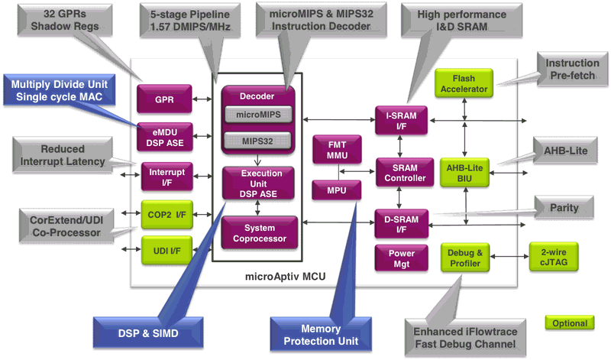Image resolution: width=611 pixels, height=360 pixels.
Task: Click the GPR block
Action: coord(163,99)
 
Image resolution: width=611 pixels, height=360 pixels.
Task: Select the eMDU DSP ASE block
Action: coord(163,135)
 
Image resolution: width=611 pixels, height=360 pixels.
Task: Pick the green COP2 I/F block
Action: coord(163,215)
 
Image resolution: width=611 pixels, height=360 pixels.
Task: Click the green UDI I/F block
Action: coord(163,249)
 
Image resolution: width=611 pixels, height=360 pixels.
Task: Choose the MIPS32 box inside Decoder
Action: coord(258,140)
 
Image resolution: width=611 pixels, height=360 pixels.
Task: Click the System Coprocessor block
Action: coord(258,233)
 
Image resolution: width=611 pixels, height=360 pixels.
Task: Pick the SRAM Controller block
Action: coord(400,173)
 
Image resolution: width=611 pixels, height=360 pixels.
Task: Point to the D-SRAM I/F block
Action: coord(400,222)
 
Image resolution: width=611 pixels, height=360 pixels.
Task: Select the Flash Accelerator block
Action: coord(464,84)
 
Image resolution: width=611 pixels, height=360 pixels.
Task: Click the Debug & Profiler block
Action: coord(464,257)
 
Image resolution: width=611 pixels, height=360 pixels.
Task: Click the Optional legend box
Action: coord(571,323)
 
